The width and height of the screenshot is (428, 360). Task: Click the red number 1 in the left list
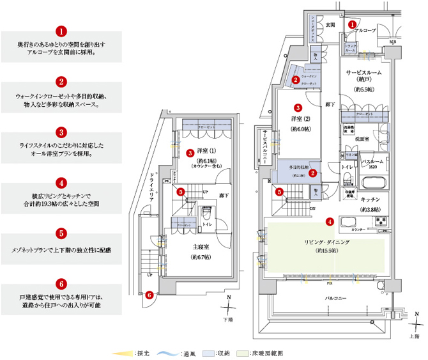point(61,31)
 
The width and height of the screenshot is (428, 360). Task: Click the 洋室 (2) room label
point(299,118)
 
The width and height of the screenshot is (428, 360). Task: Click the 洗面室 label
point(363,138)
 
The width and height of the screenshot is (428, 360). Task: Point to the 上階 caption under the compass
point(415,334)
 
